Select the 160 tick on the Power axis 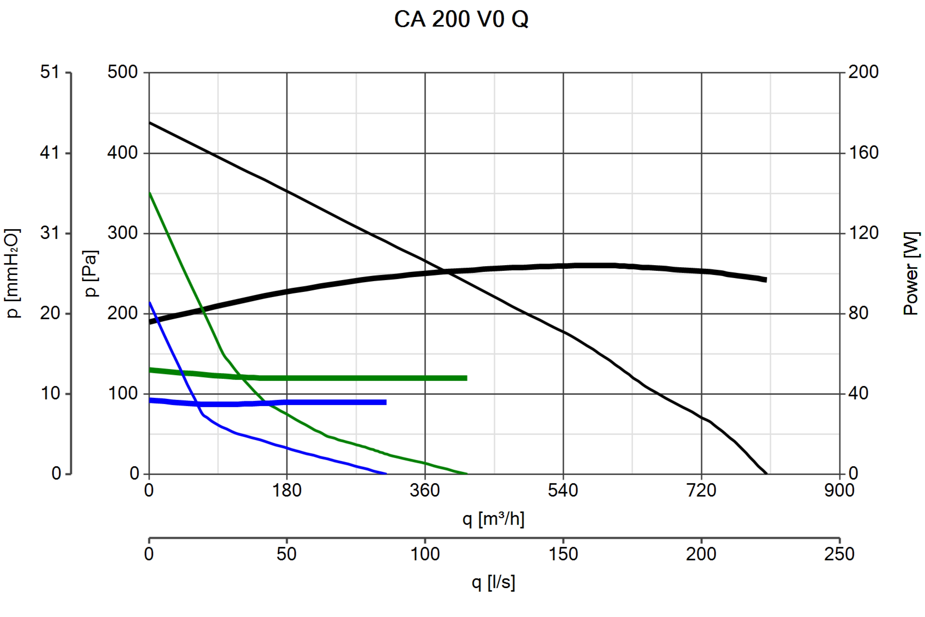(x=863, y=153)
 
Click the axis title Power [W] (x=911, y=274)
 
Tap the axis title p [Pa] (x=91, y=274)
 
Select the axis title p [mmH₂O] (x=12, y=274)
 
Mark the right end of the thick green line (x=466, y=378)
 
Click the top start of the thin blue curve (x=150, y=302)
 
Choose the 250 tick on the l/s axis (x=839, y=554)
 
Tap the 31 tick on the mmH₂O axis (x=50, y=233)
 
